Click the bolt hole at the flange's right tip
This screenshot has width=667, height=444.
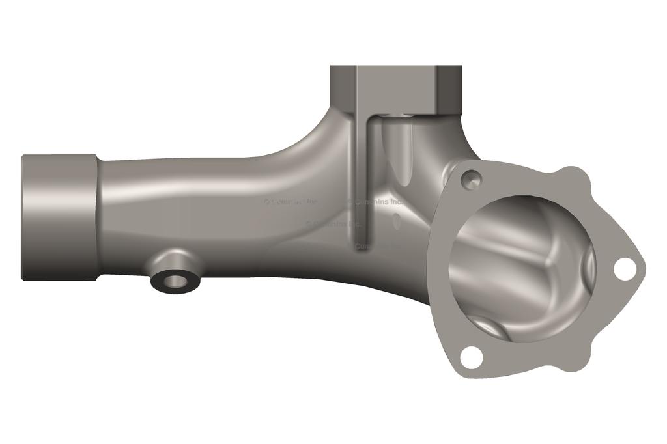click(624, 269)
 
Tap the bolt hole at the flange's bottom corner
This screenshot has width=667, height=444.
click(471, 357)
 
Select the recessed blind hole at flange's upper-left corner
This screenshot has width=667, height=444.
click(471, 179)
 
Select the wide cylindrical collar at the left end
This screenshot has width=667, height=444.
click(59, 217)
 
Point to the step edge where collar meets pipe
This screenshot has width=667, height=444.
click(98, 217)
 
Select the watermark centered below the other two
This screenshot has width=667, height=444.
click(333, 223)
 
